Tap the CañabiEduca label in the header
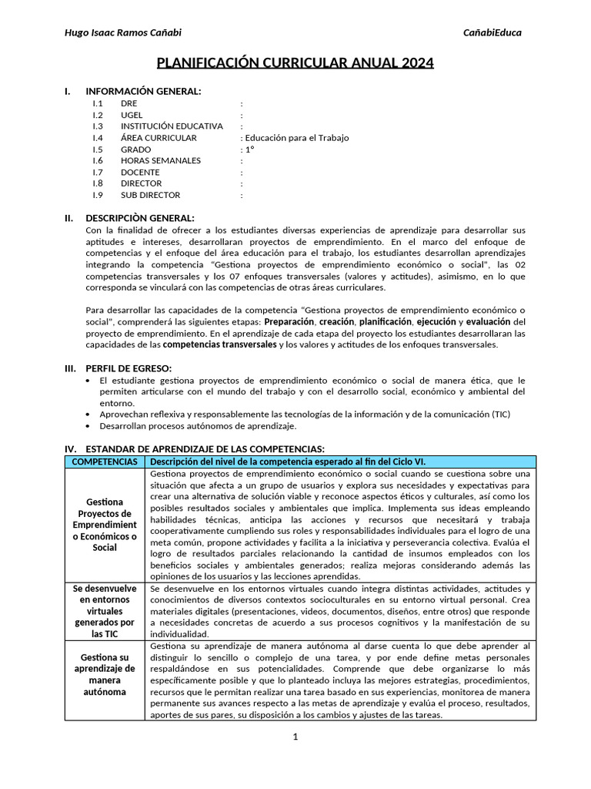click(492, 32)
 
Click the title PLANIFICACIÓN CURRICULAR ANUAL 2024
click(295, 62)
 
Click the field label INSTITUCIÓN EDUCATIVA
click(172, 126)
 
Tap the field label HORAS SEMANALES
click(161, 161)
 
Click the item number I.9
click(98, 196)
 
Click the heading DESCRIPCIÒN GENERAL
click(140, 218)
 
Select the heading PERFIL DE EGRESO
click(129, 368)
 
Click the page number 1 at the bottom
click(295, 737)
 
